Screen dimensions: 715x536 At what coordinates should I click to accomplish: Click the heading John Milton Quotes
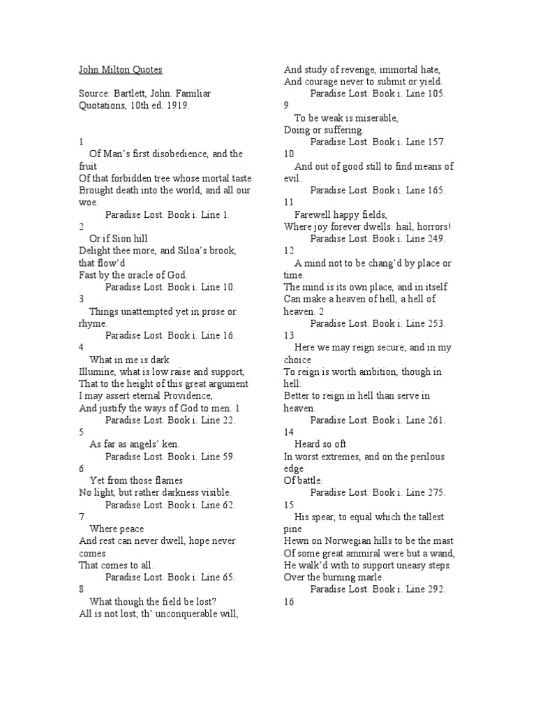click(120, 69)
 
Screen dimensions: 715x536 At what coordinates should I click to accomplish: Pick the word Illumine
click(97, 372)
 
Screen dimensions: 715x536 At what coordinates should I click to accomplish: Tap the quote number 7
click(81, 517)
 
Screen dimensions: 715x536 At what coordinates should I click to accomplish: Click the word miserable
click(373, 117)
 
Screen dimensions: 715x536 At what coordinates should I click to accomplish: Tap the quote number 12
click(289, 251)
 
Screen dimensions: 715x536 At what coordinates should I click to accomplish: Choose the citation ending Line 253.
click(378, 323)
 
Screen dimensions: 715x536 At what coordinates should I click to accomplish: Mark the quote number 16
click(289, 602)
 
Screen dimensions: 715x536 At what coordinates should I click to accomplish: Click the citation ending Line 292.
click(378, 589)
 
